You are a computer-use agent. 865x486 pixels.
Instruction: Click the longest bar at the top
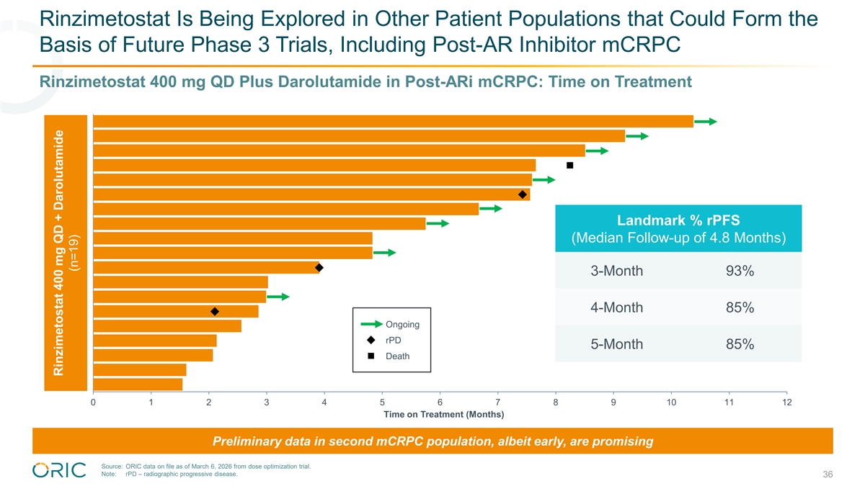pos(393,121)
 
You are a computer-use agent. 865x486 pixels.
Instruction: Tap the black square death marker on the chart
pos(569,166)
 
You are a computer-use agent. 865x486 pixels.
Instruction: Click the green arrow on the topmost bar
pos(706,122)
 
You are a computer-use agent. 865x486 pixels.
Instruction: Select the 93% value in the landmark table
pos(740,271)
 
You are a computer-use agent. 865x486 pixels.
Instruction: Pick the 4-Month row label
pos(616,308)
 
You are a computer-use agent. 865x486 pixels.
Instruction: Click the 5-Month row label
pos(616,344)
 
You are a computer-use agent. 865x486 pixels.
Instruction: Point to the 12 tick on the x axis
pos(786,402)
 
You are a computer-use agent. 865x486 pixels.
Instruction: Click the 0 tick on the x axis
pos(93,402)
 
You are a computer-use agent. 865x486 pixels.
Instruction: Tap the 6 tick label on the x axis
pos(440,402)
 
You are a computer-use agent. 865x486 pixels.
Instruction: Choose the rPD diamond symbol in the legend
pos(371,341)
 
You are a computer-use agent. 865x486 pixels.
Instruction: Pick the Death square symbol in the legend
pos(371,356)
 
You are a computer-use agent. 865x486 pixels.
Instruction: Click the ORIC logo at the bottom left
pos(59,469)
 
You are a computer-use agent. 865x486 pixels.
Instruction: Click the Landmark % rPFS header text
pos(678,220)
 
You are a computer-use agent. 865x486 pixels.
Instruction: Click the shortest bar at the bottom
pos(138,384)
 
